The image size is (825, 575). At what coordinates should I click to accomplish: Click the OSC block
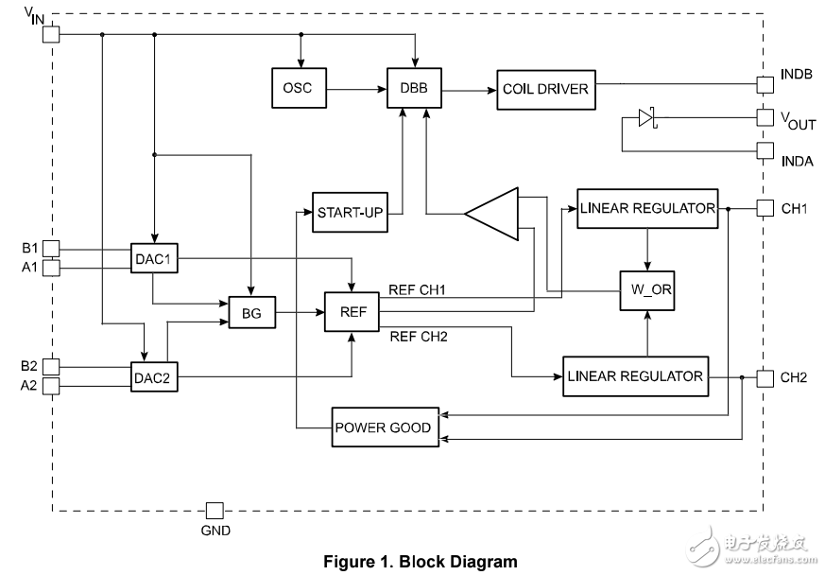pyautogui.click(x=297, y=89)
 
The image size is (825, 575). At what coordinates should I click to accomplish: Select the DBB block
pyautogui.click(x=413, y=89)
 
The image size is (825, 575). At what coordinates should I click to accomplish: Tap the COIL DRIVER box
pyautogui.click(x=545, y=89)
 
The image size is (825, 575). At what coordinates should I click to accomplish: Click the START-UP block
pyautogui.click(x=350, y=212)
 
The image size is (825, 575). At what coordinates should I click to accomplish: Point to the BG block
pyautogui.click(x=251, y=313)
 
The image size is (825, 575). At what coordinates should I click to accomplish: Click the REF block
pyautogui.click(x=351, y=312)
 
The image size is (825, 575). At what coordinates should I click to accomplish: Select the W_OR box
pyautogui.click(x=646, y=289)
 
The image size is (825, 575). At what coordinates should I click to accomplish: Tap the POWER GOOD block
pyautogui.click(x=383, y=427)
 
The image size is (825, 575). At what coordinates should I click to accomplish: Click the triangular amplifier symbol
pyautogui.click(x=496, y=214)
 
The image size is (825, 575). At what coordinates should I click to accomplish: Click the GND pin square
pyautogui.click(x=215, y=511)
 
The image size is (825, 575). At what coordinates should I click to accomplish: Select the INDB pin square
pyautogui.click(x=765, y=85)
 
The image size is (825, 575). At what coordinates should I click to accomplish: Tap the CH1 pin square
pyautogui.click(x=765, y=208)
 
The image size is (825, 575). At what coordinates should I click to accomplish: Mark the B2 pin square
pyautogui.click(x=52, y=366)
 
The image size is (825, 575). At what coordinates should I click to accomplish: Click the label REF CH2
pyautogui.click(x=418, y=335)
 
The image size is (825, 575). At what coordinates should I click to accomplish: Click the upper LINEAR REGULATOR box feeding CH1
pyautogui.click(x=646, y=208)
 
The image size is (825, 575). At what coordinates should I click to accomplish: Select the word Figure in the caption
pyautogui.click(x=349, y=561)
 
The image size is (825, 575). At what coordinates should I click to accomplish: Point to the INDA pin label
pyautogui.click(x=797, y=161)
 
